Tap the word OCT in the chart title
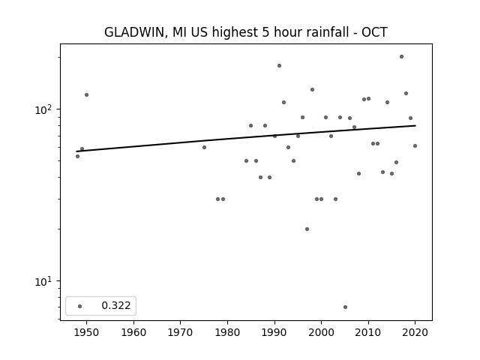[374, 32]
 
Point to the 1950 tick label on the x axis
[86, 332]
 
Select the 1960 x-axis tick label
[133, 332]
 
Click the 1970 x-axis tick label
[180, 332]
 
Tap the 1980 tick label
[227, 332]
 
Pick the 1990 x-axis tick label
[274, 332]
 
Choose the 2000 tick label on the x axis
[321, 332]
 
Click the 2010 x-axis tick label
[368, 332]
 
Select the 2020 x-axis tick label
[415, 332]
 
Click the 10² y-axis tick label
[43, 109]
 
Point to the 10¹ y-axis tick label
[43, 281]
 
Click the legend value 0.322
[116, 305]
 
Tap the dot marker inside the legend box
[80, 306]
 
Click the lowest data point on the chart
[345, 307]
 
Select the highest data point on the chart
[402, 57]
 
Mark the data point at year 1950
[87, 95]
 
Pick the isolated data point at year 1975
[204, 147]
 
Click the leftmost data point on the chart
[77, 157]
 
